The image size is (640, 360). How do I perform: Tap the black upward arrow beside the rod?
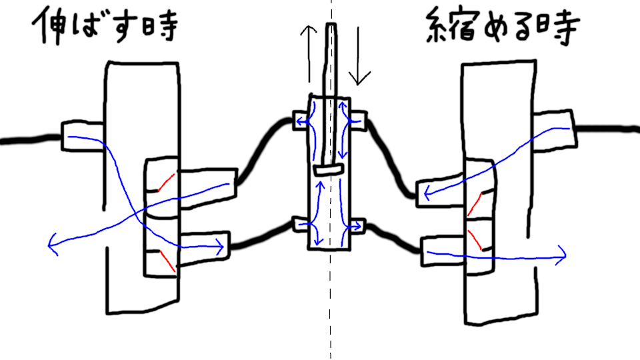308,53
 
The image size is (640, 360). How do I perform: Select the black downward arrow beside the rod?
359,57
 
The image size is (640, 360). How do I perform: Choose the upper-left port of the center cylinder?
302,120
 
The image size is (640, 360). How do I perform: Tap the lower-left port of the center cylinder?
302,225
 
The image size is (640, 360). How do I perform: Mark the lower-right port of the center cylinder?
357,227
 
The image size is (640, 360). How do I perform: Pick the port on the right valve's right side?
553,127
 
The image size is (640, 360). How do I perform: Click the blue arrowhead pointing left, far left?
52,245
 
